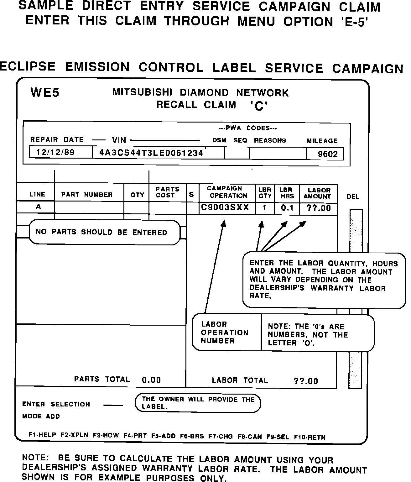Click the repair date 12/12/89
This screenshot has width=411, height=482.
point(55,153)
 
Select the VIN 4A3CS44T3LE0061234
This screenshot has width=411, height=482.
point(151,153)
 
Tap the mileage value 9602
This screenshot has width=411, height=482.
point(328,154)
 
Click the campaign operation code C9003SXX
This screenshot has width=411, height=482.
point(225,207)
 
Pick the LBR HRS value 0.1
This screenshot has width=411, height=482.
point(287,208)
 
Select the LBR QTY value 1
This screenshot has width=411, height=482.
point(265,208)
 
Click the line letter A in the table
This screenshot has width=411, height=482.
point(39,207)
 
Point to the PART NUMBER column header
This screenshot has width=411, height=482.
point(87,195)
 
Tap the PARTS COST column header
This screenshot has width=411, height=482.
point(167,192)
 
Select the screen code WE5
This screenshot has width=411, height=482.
point(45,93)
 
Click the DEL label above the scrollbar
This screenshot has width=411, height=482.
point(353,197)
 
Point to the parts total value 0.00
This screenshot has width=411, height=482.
point(151,380)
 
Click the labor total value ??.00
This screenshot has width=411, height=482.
point(306,381)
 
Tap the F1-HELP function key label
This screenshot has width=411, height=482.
point(42,435)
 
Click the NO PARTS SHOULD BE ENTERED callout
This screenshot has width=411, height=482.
point(101,232)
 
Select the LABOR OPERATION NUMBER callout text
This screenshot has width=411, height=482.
point(224,333)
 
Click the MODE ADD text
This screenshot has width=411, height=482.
point(41,417)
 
